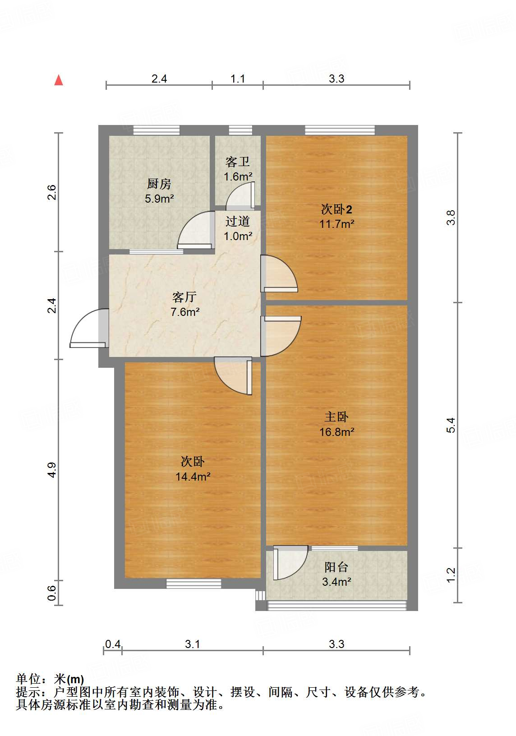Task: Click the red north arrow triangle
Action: point(59,80)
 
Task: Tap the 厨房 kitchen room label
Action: point(159,184)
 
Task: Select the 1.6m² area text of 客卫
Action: point(238,176)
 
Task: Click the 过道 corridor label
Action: point(238,221)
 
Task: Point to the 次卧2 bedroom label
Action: point(336,209)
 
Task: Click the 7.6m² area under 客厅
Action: point(185,312)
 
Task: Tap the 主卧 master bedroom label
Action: point(336,417)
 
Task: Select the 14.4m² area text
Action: point(193,477)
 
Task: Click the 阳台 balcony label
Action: point(336,567)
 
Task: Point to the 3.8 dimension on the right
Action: point(451,218)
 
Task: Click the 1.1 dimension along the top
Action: point(238,79)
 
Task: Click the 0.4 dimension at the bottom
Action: point(113,644)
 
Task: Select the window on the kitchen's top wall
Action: point(157,130)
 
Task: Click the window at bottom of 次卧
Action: point(194,583)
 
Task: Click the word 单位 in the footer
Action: point(28,679)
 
